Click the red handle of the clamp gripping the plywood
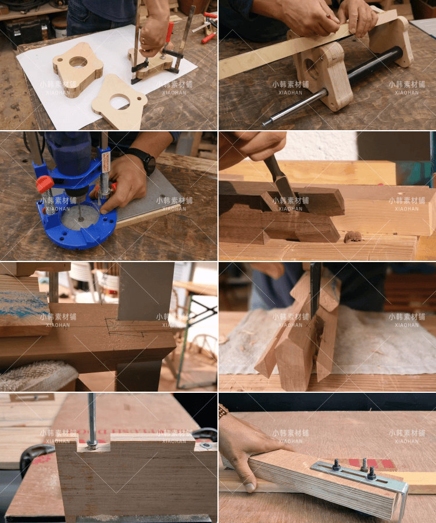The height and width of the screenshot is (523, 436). tap(170, 33)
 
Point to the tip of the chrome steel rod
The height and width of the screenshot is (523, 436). tap(263, 125)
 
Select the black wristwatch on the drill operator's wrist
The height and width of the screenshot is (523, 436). tap(146, 161)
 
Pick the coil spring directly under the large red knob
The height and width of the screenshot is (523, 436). tap(49, 202)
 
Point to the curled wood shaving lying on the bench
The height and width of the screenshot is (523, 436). tap(353, 237)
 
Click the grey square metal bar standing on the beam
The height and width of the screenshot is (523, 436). tap(145, 291)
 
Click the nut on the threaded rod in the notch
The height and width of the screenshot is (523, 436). tap(92, 443)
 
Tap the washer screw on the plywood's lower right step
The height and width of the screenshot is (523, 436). tap(206, 445)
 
